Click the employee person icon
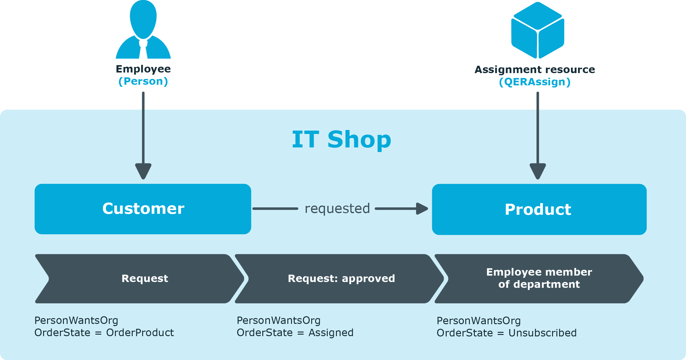click(143, 29)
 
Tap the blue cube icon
click(538, 30)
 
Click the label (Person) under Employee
click(143, 81)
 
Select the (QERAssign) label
click(535, 82)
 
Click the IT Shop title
click(341, 139)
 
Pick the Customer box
click(143, 209)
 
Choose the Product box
click(539, 209)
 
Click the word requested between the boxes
click(337, 209)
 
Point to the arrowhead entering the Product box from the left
click(422, 209)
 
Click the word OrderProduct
click(140, 333)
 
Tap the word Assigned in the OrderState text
click(331, 333)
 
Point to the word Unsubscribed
click(543, 333)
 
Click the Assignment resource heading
click(535, 70)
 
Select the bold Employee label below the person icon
click(143, 69)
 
